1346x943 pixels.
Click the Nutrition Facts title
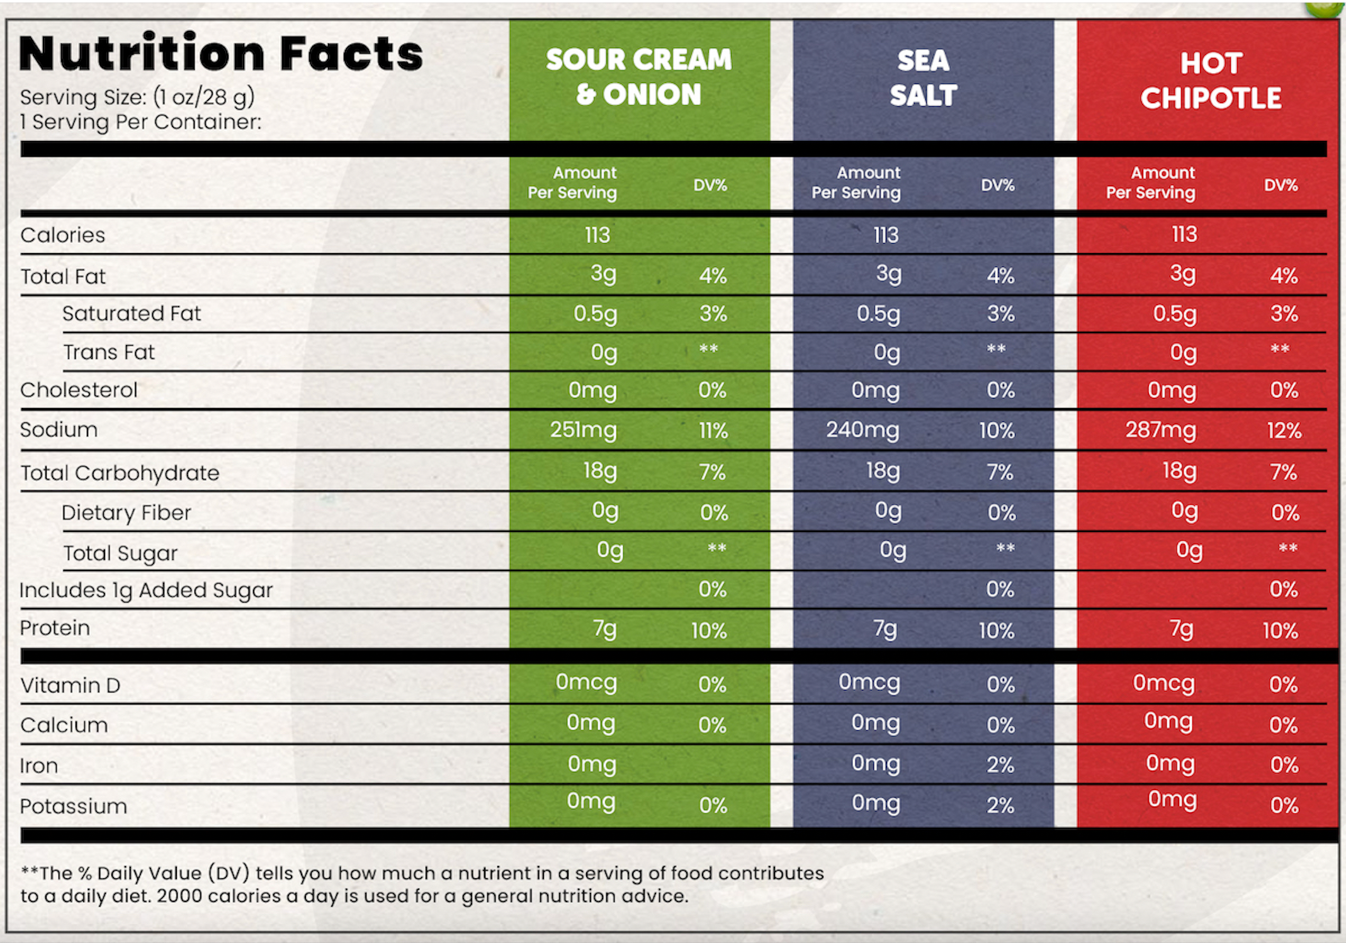[221, 54]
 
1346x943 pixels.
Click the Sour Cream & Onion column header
[639, 77]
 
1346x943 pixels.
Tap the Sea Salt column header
[923, 78]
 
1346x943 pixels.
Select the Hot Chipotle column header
[1211, 81]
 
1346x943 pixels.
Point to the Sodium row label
[59, 430]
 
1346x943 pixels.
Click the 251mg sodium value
[583, 430]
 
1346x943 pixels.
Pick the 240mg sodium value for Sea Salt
[862, 430]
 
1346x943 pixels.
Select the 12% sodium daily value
[1284, 431]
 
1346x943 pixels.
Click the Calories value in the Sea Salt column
[886, 235]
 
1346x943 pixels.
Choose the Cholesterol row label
[79, 390]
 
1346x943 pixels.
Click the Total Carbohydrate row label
[120, 473]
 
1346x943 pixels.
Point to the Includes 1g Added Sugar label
[146, 590]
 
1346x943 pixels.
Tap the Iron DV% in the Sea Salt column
[1000, 765]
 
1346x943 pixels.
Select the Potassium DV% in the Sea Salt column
[1000, 805]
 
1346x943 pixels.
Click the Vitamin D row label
[70, 686]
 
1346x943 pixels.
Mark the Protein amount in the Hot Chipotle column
[1181, 629]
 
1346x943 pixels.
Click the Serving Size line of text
[137, 97]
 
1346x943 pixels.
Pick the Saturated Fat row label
[132, 313]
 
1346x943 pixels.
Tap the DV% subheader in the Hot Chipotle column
[1281, 185]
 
